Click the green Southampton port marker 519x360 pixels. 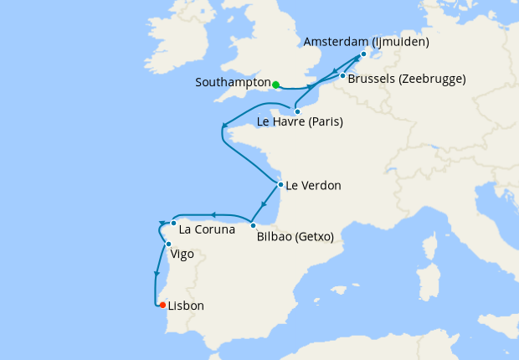coord(275,85)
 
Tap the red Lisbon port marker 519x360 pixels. coord(162,305)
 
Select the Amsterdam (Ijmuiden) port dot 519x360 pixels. coord(363,54)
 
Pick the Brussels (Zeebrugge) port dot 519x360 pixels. coord(342,77)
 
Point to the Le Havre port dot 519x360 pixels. coord(297,111)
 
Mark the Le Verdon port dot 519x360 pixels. coord(280,184)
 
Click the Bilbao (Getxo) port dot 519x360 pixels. coord(253,224)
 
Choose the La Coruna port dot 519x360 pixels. coord(173,223)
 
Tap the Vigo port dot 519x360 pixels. coord(168,244)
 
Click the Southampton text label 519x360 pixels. coord(232,83)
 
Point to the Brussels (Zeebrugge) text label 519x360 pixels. coord(406,80)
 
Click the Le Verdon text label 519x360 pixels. coord(314,186)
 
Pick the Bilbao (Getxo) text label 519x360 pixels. coord(295,237)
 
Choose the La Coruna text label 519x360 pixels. coord(208,228)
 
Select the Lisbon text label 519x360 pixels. coord(186,306)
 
